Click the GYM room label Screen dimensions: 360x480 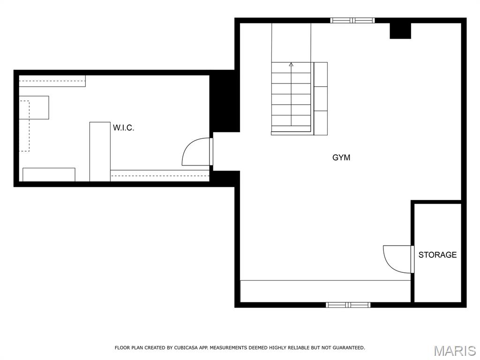[x=341, y=157]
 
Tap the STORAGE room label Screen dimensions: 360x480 [x=437, y=255]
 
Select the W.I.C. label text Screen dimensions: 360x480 [x=123, y=127]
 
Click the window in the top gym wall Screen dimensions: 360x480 [x=352, y=20]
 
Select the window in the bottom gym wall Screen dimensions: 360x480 [x=348, y=305]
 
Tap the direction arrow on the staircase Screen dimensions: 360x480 [x=291, y=65]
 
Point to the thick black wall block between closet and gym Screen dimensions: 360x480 [x=225, y=103]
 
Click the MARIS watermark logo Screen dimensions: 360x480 [x=454, y=351]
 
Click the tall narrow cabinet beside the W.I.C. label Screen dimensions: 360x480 [x=100, y=151]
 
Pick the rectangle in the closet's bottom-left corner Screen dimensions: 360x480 [x=49, y=174]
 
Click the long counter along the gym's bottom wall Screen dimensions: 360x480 [x=325, y=291]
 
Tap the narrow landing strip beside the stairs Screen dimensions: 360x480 [x=321, y=98]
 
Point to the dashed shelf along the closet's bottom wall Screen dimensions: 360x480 [x=160, y=176]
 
